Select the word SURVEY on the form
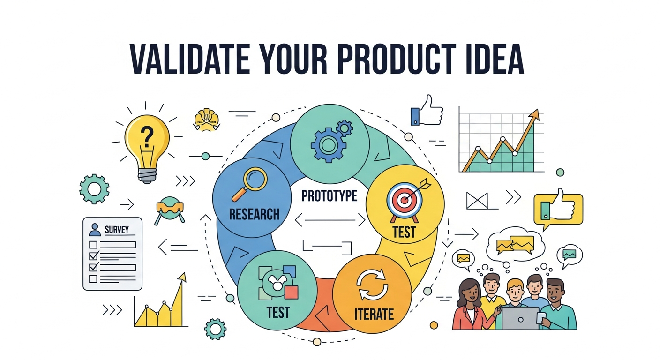coord(117,230)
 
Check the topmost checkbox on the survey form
coord(93,244)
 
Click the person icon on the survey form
coord(95,230)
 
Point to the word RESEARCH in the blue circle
coord(254,215)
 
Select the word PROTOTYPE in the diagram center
coord(329,196)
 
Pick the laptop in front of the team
coord(520,318)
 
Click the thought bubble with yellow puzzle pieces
coord(515,244)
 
